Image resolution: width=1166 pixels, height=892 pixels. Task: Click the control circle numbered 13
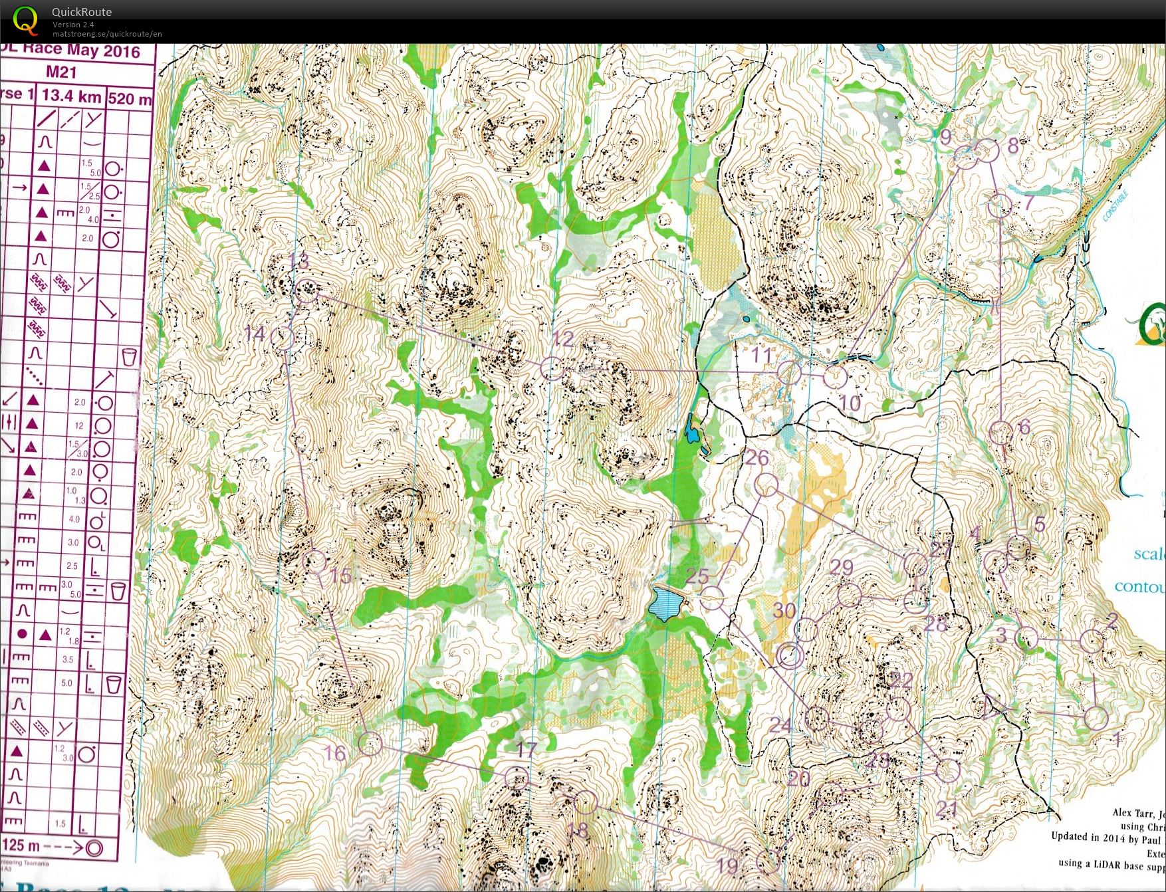pyautogui.click(x=307, y=291)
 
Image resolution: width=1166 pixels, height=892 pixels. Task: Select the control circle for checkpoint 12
pyautogui.click(x=552, y=368)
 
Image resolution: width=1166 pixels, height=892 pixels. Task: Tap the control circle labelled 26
pyautogui.click(x=768, y=485)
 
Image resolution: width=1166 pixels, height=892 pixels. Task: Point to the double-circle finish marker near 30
pyautogui.click(x=790, y=656)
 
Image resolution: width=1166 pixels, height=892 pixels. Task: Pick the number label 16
pyautogui.click(x=335, y=753)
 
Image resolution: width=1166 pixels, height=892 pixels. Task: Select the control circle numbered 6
pyautogui.click(x=1000, y=433)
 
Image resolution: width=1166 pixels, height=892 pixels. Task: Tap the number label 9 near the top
pyautogui.click(x=946, y=138)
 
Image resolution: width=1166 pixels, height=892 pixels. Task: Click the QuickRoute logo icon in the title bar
pyautogui.click(x=25, y=20)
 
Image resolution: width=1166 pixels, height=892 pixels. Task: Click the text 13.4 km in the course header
pyautogui.click(x=71, y=96)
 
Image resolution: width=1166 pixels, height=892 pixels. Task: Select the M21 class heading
pyautogui.click(x=61, y=72)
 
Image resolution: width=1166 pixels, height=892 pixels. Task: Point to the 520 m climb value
pyautogui.click(x=130, y=98)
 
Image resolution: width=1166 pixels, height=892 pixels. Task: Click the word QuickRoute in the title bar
pyautogui.click(x=82, y=12)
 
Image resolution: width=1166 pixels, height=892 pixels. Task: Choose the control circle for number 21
pyautogui.click(x=948, y=771)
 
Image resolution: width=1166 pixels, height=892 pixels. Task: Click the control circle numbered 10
pyautogui.click(x=836, y=377)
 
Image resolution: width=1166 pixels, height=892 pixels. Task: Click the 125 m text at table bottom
pyautogui.click(x=25, y=847)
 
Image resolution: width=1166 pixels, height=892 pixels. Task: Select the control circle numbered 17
pyautogui.click(x=517, y=778)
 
